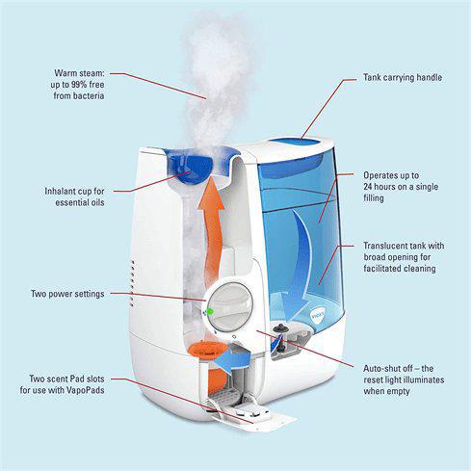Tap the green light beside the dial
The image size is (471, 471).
tap(208, 311)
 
